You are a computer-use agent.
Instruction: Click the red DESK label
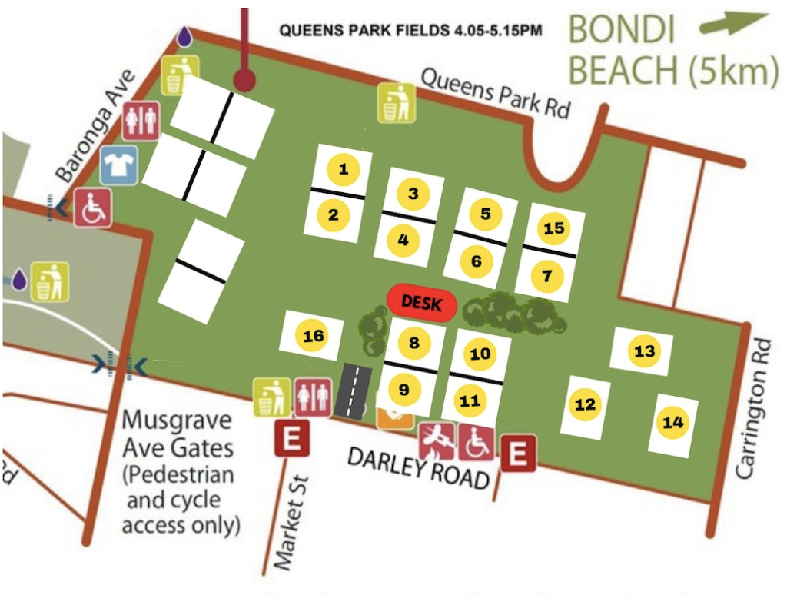[422, 303]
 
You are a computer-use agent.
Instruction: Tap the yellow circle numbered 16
[313, 336]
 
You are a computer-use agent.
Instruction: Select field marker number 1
[344, 169]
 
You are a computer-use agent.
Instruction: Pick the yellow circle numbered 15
[553, 228]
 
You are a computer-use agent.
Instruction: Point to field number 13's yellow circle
[644, 351]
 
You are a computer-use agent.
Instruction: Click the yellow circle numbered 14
[672, 422]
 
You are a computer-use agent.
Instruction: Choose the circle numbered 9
[404, 390]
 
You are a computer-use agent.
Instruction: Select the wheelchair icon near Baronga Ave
[93, 208]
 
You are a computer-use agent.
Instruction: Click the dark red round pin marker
[244, 79]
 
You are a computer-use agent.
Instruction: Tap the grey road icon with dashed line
[353, 391]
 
